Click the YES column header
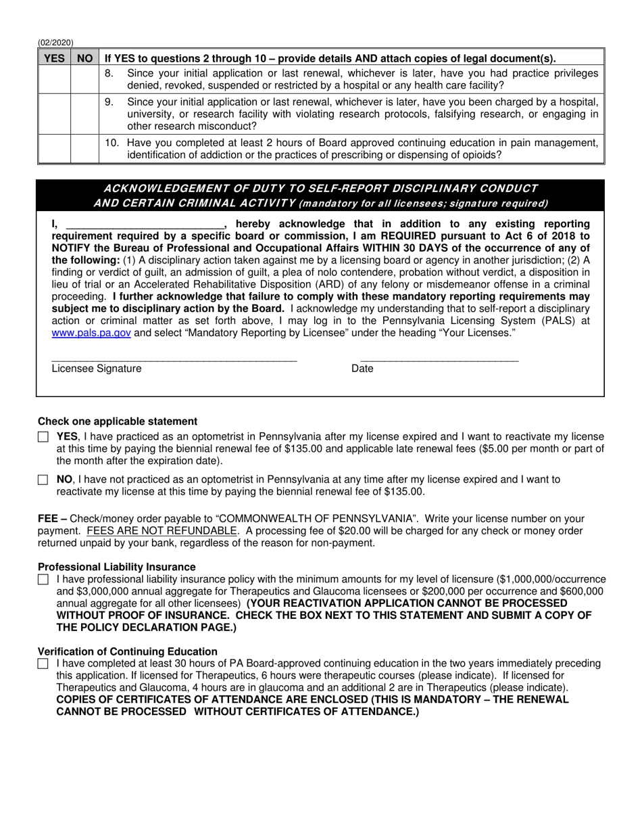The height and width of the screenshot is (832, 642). pyautogui.click(x=54, y=58)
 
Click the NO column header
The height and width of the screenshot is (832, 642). pyautogui.click(x=84, y=58)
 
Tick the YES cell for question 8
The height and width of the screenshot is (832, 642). pyautogui.click(x=54, y=79)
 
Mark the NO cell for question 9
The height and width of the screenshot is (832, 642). pyautogui.click(x=84, y=114)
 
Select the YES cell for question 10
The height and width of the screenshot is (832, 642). pyautogui.click(x=54, y=149)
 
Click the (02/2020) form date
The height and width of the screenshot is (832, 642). pyautogui.click(x=55, y=43)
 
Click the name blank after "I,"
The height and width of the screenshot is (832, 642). pyautogui.click(x=145, y=224)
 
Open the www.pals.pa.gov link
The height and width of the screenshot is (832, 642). pyautogui.click(x=91, y=333)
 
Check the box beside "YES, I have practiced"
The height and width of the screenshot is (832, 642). pyautogui.click(x=43, y=437)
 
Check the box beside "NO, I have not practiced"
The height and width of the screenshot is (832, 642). pyautogui.click(x=43, y=480)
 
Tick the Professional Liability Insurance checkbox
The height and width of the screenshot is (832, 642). pyautogui.click(x=43, y=580)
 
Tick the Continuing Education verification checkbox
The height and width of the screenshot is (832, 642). pyautogui.click(x=43, y=664)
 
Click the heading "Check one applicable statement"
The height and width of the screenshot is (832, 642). pyautogui.click(x=118, y=421)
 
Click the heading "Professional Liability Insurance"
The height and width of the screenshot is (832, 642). pyautogui.click(x=117, y=567)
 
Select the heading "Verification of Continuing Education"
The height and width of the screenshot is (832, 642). pyautogui.click(x=128, y=651)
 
